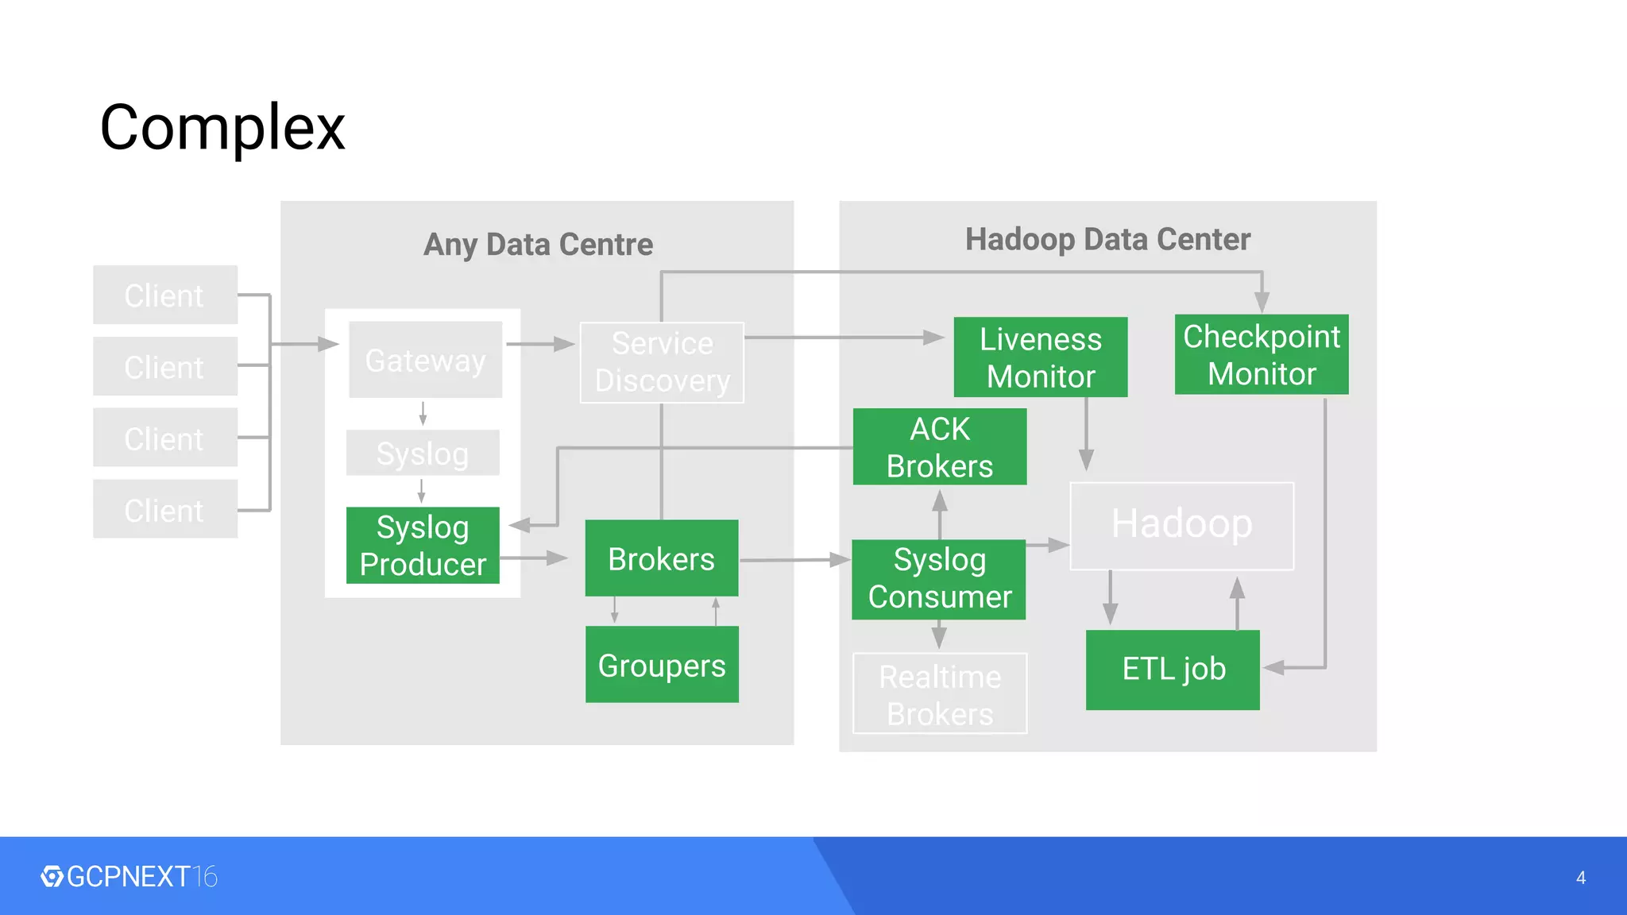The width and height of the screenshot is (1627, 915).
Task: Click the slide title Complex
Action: (x=222, y=127)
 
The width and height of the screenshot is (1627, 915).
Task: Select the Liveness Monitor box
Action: (x=1040, y=357)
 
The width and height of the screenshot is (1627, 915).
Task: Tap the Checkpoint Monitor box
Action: (x=1261, y=355)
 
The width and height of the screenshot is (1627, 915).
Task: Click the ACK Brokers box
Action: (x=939, y=447)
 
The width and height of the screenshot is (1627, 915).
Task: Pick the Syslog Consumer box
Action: (x=939, y=579)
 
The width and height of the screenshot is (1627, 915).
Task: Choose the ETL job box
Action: (x=1173, y=670)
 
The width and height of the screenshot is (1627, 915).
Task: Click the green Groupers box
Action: (x=662, y=665)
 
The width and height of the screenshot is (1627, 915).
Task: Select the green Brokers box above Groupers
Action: (x=662, y=558)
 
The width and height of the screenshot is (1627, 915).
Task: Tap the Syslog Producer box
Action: (x=423, y=546)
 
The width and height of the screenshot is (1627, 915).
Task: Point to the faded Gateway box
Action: (x=425, y=360)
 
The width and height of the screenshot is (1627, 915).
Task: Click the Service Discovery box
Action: (x=662, y=362)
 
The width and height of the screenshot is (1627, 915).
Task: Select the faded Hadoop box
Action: (x=1181, y=525)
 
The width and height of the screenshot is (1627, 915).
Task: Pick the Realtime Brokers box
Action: (x=940, y=693)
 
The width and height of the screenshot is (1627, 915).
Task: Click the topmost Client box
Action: (x=164, y=295)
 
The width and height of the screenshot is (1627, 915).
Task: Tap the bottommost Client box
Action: (x=164, y=509)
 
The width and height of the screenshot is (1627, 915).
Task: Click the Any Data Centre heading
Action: (x=538, y=245)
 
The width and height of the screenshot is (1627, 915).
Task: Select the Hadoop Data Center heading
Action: (x=1107, y=239)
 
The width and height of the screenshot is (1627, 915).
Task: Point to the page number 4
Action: (x=1580, y=878)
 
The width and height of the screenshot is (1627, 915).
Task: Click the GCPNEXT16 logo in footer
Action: (x=129, y=877)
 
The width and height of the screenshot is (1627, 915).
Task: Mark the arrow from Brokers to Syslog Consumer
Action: (x=794, y=560)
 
